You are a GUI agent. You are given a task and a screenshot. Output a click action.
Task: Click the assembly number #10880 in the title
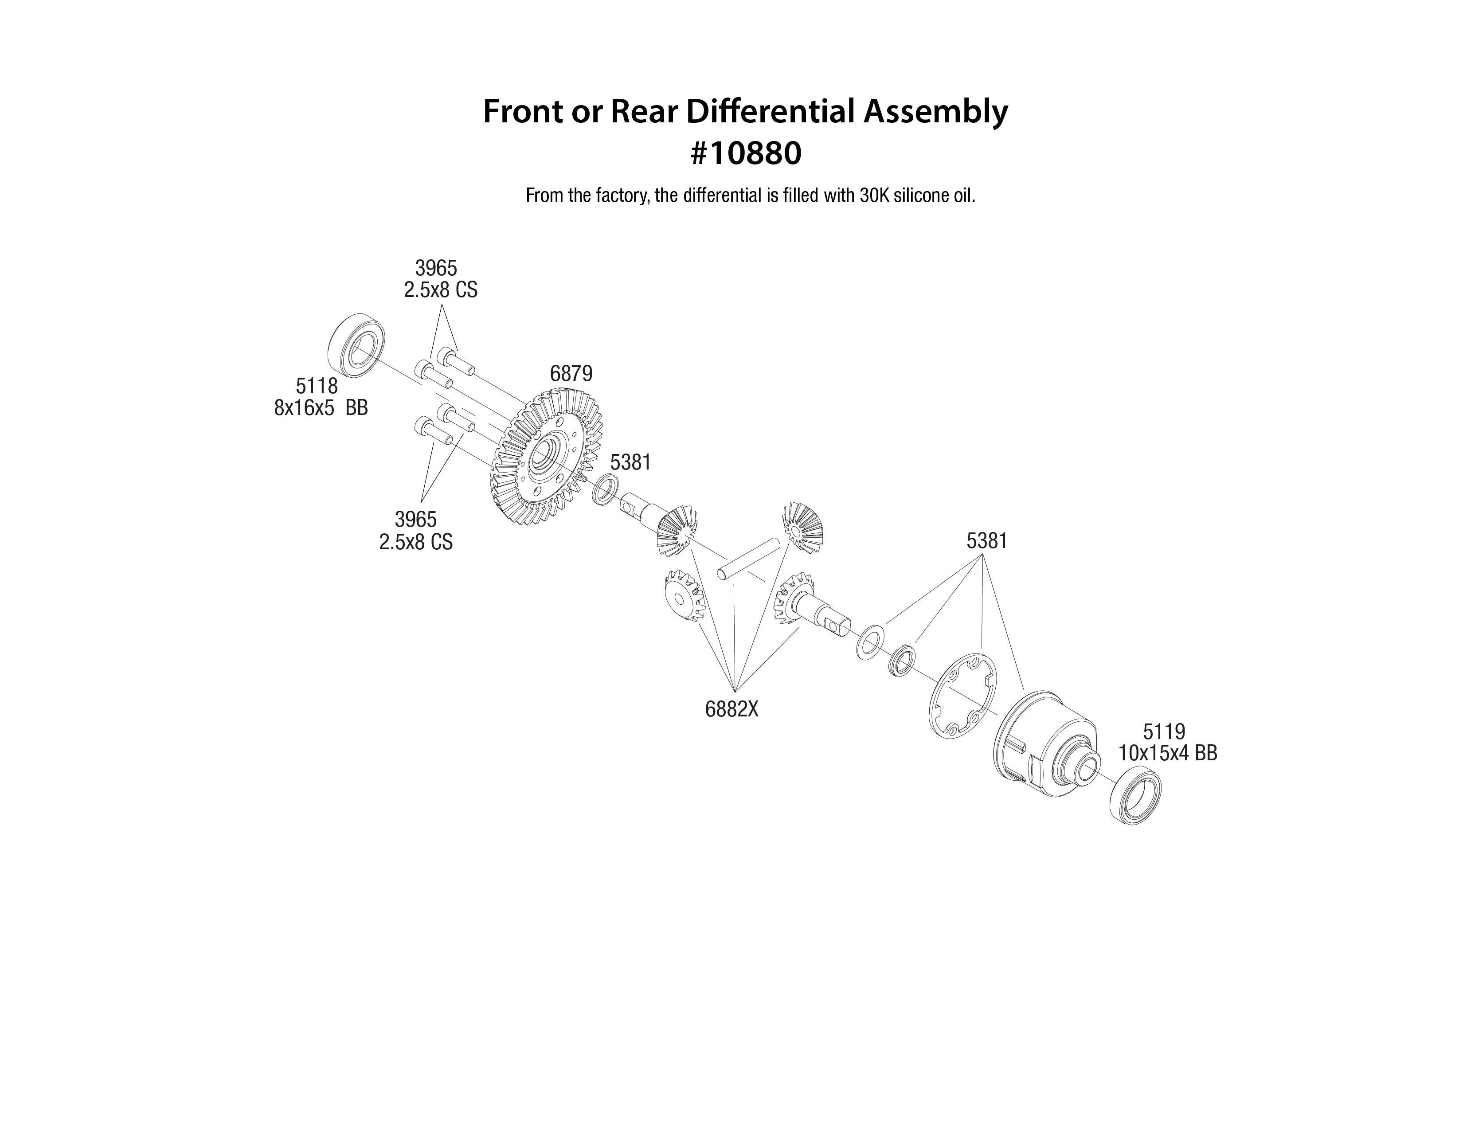pyautogui.click(x=745, y=154)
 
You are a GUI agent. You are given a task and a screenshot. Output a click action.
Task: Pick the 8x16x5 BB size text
pyautogui.click(x=321, y=408)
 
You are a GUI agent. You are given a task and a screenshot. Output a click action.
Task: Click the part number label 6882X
pyautogui.click(x=731, y=709)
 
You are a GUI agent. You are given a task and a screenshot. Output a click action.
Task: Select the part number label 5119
pyautogui.click(x=1164, y=731)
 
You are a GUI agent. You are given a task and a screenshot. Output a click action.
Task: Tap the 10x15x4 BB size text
pyautogui.click(x=1167, y=754)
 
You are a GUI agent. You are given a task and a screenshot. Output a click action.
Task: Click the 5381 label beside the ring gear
pyautogui.click(x=630, y=462)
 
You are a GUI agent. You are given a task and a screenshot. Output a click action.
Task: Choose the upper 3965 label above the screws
pyautogui.click(x=436, y=268)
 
